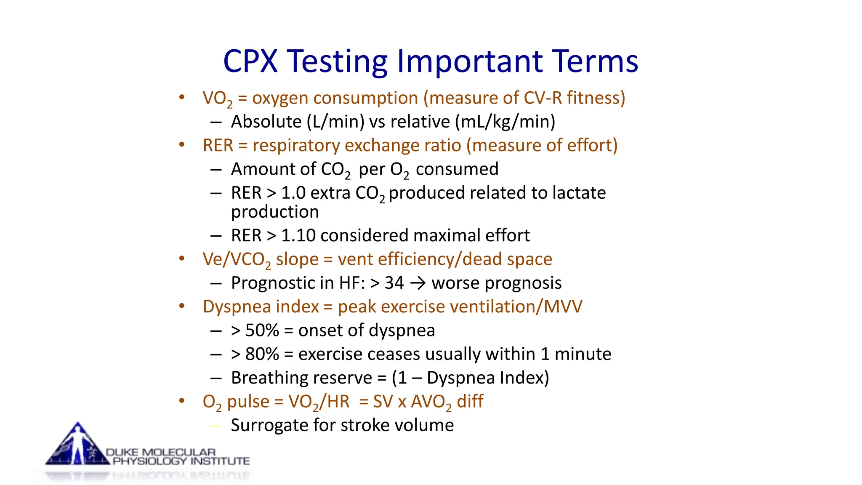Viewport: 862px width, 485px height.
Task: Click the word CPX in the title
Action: (x=250, y=61)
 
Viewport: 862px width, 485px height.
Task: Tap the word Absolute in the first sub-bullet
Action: (x=266, y=122)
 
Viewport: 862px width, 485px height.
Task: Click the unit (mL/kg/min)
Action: (x=505, y=122)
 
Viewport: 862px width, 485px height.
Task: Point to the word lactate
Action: (x=579, y=193)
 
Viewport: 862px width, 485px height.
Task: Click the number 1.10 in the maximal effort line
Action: (x=298, y=235)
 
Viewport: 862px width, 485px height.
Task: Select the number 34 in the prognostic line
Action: (x=394, y=283)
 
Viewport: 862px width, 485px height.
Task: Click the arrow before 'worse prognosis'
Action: (x=418, y=283)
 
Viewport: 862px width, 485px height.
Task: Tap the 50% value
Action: (x=262, y=330)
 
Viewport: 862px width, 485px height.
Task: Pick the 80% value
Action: (x=262, y=354)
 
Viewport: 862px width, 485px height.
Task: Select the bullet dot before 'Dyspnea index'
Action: (x=181, y=306)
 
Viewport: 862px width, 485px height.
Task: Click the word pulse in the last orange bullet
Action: (x=248, y=402)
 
